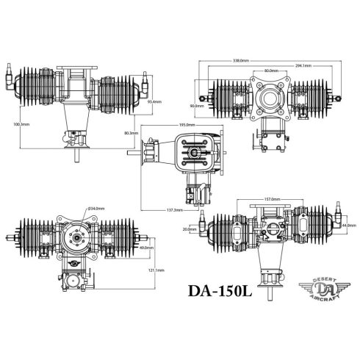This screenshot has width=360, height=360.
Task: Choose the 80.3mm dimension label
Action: (132, 133)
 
